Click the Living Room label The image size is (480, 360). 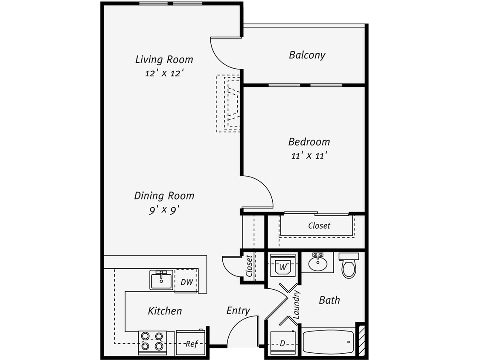[x=164, y=59]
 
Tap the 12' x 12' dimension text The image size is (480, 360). [x=164, y=73]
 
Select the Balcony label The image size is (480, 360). [x=307, y=55]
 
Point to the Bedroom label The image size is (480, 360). [x=309, y=142]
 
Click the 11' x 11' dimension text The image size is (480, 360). [x=309, y=156]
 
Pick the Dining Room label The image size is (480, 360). [x=164, y=196]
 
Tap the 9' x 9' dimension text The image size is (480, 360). [x=164, y=210]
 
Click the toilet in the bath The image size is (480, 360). [x=349, y=266]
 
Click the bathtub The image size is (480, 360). [x=328, y=342]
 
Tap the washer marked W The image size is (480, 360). [x=283, y=267]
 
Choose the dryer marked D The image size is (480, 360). [x=283, y=344]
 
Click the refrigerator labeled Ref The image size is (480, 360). [x=191, y=343]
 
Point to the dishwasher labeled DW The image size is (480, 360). [x=186, y=282]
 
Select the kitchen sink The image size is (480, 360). [x=161, y=280]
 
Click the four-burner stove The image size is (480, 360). [x=153, y=342]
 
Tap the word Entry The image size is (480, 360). [x=238, y=311]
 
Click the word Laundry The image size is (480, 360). [x=297, y=305]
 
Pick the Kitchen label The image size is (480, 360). [x=165, y=311]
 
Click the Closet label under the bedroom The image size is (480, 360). [x=319, y=226]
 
